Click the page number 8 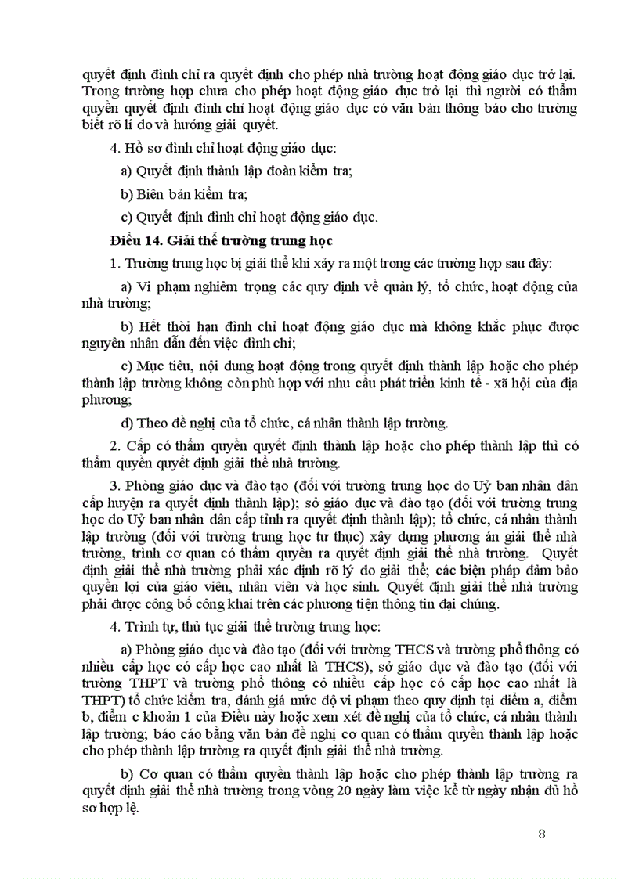[542, 832]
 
